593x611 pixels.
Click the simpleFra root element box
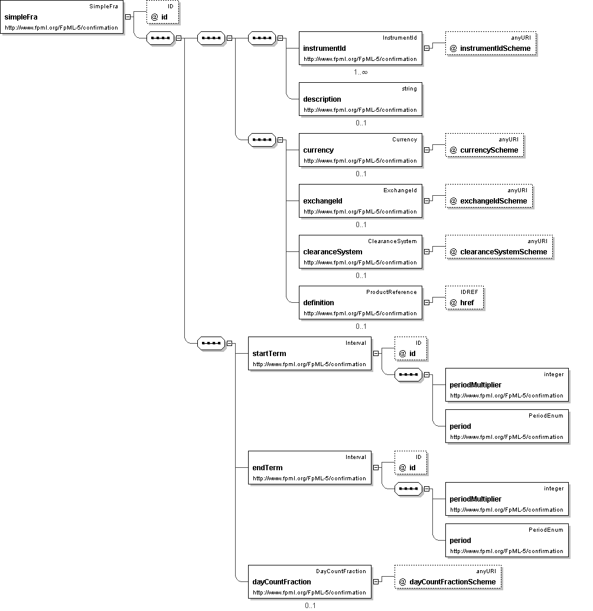pyautogui.click(x=62, y=17)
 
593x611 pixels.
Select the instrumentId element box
pyautogui.click(x=360, y=49)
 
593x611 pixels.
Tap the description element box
pyautogui.click(x=360, y=99)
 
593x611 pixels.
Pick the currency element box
pyautogui.click(x=360, y=150)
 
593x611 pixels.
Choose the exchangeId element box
pyautogui.click(x=360, y=201)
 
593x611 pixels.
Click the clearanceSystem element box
pyautogui.click(x=360, y=252)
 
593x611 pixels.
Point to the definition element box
pyautogui.click(x=360, y=302)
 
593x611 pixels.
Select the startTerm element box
pyautogui.click(x=309, y=354)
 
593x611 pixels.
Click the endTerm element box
pyautogui.click(x=309, y=468)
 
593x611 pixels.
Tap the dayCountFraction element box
pyautogui.click(x=309, y=582)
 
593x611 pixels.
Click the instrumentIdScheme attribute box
pyautogui.click(x=491, y=44)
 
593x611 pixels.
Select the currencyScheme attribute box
pyautogui.click(x=485, y=146)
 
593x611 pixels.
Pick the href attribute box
pyautogui.click(x=465, y=298)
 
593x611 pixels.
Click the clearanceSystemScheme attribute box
pyautogui.click(x=499, y=247)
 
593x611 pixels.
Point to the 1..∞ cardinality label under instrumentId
pyautogui.click(x=361, y=72)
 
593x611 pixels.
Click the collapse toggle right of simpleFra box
pyautogui.click(x=128, y=17)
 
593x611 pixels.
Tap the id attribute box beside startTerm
pyautogui.click(x=410, y=348)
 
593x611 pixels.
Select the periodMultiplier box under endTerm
pyautogui.click(x=507, y=499)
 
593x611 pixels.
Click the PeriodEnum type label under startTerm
pyautogui.click(x=546, y=416)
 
